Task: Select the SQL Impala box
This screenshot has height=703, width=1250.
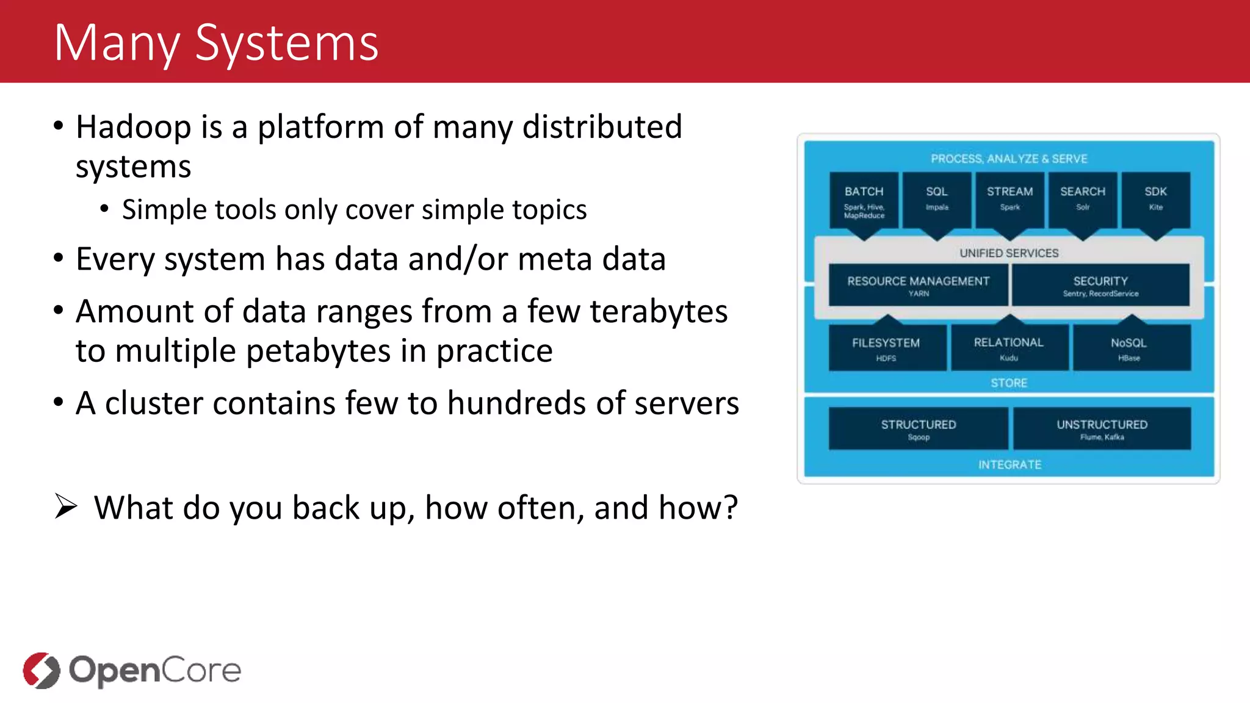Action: tap(936, 200)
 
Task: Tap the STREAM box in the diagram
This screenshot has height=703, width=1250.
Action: tap(1010, 200)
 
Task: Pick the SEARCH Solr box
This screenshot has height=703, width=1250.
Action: tap(1082, 200)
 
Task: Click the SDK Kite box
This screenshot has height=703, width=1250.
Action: tap(1155, 200)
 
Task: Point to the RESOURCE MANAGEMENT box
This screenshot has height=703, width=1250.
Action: tap(918, 285)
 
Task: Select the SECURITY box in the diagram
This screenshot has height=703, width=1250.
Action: tap(1100, 285)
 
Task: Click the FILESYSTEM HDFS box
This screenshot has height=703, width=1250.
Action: tap(886, 348)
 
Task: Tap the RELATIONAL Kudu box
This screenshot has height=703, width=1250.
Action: tap(1009, 348)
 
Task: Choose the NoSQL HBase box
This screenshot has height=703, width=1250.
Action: tap(1129, 348)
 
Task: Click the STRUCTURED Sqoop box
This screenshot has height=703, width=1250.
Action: tap(918, 428)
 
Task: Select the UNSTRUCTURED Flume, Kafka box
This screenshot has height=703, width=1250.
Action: tap(1102, 428)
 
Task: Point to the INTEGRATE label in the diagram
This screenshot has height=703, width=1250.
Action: tap(1010, 465)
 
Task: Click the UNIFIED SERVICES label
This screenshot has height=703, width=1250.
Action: tap(1009, 253)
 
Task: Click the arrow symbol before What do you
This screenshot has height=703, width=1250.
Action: tap(66, 507)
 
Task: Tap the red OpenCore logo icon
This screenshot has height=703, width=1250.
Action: tap(42, 670)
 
